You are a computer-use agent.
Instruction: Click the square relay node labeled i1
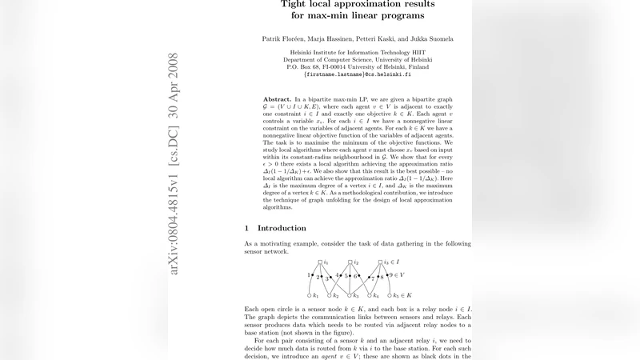point(319,262)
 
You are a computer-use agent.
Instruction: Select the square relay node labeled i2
point(350,262)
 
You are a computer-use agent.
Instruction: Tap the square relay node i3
point(379,262)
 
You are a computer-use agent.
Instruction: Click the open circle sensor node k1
point(309,296)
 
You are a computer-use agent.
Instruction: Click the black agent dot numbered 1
point(313,275)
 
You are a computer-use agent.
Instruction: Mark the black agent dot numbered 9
point(386,275)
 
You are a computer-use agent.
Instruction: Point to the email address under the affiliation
point(357,74)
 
